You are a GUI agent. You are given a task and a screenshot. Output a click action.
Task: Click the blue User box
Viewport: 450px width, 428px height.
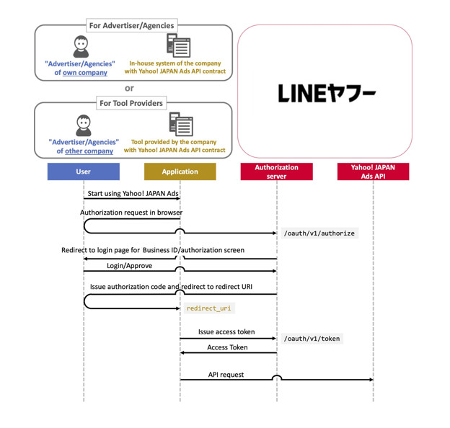84,171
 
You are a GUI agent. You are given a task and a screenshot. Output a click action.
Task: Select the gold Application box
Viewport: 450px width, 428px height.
180,171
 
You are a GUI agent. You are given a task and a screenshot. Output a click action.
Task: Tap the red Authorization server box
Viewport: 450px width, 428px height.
276,171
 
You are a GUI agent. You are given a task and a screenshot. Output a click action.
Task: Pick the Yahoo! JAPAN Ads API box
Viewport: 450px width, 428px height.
373,171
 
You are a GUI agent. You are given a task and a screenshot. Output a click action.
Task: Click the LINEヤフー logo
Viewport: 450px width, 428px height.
327,93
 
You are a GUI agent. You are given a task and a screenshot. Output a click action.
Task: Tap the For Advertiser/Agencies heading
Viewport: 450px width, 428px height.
131,25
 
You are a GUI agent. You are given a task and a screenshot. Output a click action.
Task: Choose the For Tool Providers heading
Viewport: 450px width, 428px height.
131,103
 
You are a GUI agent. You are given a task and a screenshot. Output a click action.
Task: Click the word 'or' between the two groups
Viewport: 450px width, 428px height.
129,89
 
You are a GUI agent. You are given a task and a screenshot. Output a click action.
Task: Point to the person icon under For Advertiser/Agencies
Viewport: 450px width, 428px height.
81,47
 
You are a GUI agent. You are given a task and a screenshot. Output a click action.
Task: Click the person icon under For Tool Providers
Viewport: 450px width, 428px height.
84,125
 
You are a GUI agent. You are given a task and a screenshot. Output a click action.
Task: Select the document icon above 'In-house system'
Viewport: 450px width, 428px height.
178,45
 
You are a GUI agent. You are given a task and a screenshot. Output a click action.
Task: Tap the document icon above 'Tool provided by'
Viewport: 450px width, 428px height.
180,124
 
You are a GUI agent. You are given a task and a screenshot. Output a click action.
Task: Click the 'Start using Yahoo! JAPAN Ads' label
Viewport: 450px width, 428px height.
133,194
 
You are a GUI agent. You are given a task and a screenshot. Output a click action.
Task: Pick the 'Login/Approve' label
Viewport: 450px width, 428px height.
129,265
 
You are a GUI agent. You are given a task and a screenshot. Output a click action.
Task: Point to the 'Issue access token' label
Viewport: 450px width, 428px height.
226,332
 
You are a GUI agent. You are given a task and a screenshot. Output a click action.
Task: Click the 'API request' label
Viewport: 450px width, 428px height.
226,375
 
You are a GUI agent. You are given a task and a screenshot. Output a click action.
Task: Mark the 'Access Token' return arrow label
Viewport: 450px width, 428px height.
227,347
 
